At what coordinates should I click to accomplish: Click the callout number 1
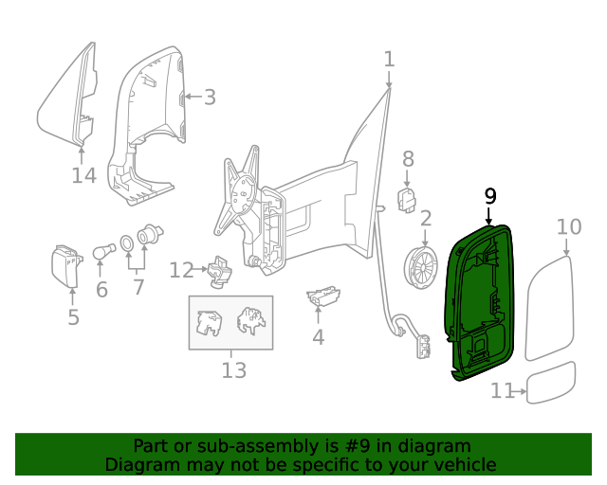[x=389, y=59]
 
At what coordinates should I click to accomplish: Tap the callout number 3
[x=210, y=97]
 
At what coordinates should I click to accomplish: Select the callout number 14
[x=83, y=176]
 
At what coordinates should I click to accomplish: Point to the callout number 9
[x=489, y=196]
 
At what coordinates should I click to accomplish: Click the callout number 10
[x=568, y=227]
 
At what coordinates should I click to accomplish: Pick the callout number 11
[x=502, y=390]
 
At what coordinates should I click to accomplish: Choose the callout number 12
[x=181, y=271]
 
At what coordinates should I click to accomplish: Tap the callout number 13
[x=233, y=370]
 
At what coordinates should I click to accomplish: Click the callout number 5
[x=73, y=316]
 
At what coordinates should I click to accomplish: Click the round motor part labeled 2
[x=421, y=269]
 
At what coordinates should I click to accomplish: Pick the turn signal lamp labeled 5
[x=67, y=265]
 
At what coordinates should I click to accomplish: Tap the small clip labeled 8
[x=407, y=200]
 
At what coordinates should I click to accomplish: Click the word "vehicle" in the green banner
[x=463, y=465]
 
